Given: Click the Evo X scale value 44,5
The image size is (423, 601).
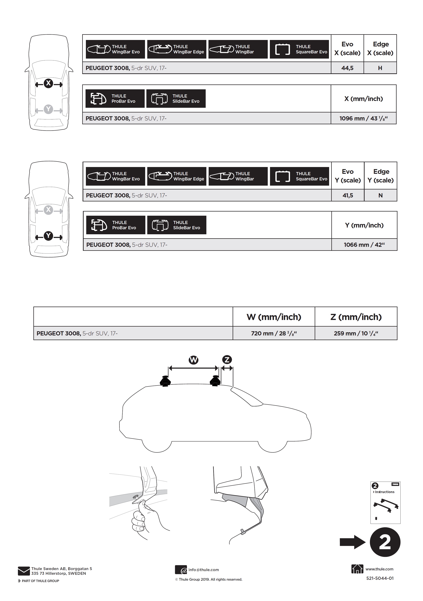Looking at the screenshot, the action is (347, 68).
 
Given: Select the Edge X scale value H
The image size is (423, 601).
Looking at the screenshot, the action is (380, 68).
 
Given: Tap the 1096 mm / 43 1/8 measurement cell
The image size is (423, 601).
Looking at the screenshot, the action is (364, 118).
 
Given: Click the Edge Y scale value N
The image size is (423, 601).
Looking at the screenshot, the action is (381, 195).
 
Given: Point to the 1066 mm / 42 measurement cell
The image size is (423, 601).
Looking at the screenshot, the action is (364, 245).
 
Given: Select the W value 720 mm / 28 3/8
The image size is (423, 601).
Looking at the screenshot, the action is (274, 333).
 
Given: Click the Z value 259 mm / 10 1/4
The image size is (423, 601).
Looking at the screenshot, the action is (356, 333).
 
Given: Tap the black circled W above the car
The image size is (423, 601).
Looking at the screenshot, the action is (194, 360).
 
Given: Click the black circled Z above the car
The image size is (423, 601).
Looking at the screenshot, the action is (227, 360).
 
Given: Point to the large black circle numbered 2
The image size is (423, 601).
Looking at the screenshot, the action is (385, 542).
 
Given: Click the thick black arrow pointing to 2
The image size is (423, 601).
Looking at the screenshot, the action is (353, 542).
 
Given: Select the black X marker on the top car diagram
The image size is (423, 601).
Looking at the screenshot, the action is (49, 83).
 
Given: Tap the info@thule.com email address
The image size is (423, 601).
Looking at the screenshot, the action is (204, 570).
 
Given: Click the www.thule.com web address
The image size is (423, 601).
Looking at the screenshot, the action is (379, 569).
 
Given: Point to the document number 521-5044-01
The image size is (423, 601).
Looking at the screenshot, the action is (380, 578).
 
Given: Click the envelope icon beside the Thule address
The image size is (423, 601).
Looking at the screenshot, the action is (24, 571).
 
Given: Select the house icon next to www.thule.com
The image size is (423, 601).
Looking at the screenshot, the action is (357, 569).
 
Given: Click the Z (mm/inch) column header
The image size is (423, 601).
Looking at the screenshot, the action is (356, 317).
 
